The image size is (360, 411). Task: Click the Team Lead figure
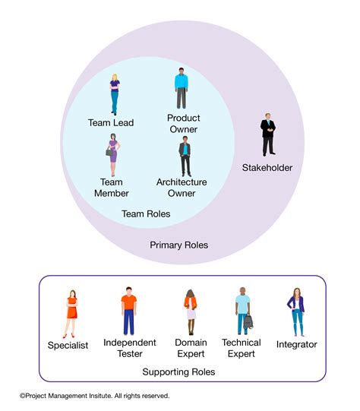click(x=115, y=94)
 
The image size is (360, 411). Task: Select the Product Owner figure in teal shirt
click(x=181, y=89)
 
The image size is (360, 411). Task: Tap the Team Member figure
click(x=112, y=154)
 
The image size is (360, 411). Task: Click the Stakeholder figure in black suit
click(x=268, y=136)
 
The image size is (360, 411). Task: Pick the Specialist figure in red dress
click(x=71, y=312)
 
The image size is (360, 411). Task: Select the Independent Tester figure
click(x=128, y=311)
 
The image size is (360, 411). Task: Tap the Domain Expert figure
click(x=190, y=312)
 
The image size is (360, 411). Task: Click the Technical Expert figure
click(x=242, y=311)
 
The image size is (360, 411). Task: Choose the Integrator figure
click(x=295, y=312)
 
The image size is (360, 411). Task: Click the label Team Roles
click(x=146, y=214)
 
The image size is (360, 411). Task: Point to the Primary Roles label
click(x=178, y=245)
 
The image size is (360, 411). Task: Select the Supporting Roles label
click(x=178, y=371)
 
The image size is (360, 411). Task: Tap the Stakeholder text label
click(x=267, y=167)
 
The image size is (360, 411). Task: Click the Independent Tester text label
click(x=129, y=348)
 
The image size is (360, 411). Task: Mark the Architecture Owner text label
click(x=182, y=188)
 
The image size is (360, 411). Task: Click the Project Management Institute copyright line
click(x=94, y=396)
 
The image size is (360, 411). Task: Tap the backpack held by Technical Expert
click(x=248, y=321)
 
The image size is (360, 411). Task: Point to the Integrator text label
click(x=297, y=344)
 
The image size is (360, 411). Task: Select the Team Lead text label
click(x=111, y=122)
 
